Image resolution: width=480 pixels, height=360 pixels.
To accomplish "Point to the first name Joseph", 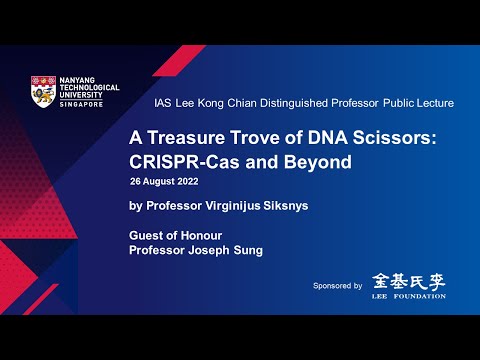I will [213, 250].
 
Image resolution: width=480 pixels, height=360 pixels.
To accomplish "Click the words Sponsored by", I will [337, 286].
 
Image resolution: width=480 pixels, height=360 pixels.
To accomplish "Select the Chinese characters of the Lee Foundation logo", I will [408, 280].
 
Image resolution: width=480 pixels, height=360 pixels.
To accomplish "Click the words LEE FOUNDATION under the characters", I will [408, 295].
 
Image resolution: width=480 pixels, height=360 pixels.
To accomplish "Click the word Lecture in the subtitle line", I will [432, 103].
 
